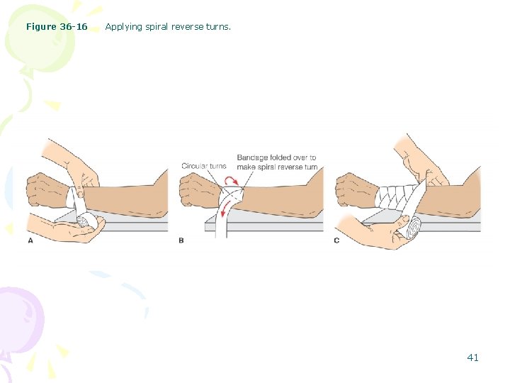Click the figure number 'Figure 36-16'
(57, 27)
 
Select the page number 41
(472, 357)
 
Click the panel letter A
(30, 240)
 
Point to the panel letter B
(181, 240)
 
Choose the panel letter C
(336, 240)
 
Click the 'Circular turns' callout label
(204, 166)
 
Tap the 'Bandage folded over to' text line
(276, 157)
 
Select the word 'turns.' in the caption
(217, 27)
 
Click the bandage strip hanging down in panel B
(221, 220)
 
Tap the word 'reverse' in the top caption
(186, 27)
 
